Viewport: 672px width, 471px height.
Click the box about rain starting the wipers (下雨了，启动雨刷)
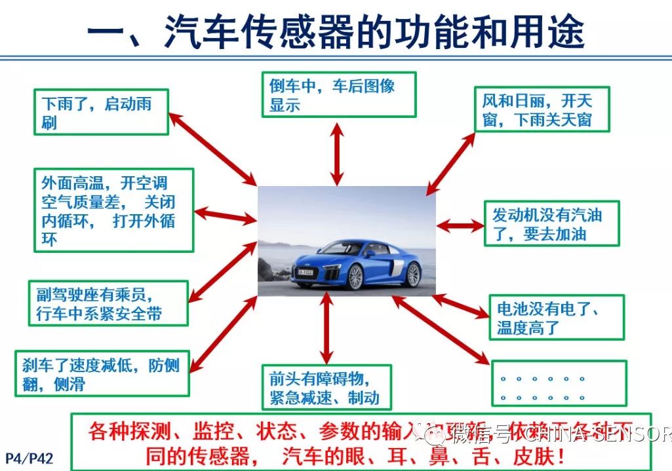pos(102,113)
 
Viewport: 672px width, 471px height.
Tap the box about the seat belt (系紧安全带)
pos(108,303)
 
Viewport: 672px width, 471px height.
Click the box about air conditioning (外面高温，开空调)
pos(114,210)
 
